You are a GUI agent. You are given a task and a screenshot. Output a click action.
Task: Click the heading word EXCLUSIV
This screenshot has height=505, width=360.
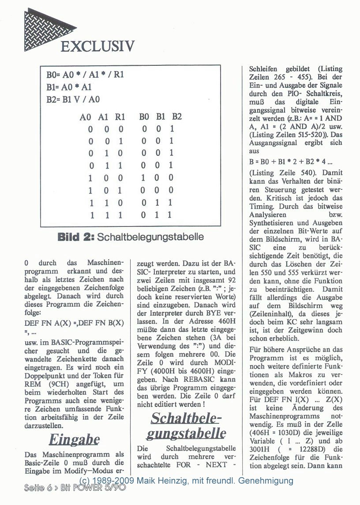(97, 46)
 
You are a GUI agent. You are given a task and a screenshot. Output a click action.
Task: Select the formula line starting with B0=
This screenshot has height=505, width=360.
(85, 75)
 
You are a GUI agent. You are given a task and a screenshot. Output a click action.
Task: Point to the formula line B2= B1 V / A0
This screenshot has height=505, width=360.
(74, 99)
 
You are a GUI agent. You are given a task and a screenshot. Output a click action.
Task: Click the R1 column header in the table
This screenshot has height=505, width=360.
(120, 117)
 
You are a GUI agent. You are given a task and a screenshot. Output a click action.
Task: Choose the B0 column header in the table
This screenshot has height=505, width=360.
(144, 117)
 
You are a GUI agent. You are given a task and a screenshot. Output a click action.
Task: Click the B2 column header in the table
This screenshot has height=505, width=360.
(176, 117)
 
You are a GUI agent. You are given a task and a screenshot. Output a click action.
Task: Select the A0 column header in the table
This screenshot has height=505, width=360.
(85, 117)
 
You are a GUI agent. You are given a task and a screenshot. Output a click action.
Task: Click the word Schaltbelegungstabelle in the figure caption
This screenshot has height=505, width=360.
(151, 237)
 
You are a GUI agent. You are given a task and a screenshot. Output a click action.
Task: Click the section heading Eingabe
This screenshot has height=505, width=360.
(74, 440)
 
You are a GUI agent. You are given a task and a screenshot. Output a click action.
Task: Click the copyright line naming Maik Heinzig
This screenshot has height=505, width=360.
(186, 480)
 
